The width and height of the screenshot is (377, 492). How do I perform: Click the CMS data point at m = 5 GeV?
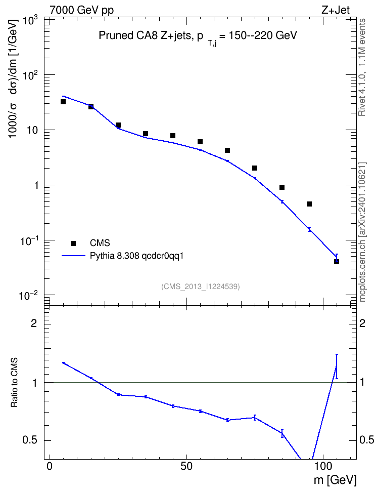(63, 102)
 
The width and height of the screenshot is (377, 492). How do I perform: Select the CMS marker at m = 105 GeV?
(337, 261)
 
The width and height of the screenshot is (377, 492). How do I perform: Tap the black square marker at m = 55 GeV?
(200, 142)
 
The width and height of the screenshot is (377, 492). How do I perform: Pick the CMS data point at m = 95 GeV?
(309, 204)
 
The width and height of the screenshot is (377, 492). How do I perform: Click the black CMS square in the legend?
(73, 243)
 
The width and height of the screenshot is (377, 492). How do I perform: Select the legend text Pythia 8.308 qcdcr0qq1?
(136, 256)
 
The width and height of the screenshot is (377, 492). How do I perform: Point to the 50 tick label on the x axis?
(186, 466)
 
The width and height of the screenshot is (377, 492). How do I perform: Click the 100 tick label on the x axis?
(323, 466)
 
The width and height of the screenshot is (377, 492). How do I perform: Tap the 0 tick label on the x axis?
(50, 466)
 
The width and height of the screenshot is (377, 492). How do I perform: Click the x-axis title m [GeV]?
(335, 480)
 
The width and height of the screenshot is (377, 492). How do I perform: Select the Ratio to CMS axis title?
(14, 383)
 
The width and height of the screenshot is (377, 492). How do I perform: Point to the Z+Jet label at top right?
(336, 10)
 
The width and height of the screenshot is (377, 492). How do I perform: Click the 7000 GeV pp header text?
(82, 10)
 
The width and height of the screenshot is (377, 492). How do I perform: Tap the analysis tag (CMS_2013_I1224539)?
(201, 286)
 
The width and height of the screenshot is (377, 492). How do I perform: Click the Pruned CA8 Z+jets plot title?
(198, 37)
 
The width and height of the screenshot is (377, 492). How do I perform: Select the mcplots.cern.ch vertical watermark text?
(362, 232)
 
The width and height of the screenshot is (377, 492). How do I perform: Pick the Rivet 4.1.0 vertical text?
(362, 67)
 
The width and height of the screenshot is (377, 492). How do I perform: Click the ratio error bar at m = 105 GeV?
(337, 366)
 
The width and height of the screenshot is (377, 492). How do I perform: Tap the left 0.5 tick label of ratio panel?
(29, 440)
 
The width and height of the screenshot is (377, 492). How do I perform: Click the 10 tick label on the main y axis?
(32, 130)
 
